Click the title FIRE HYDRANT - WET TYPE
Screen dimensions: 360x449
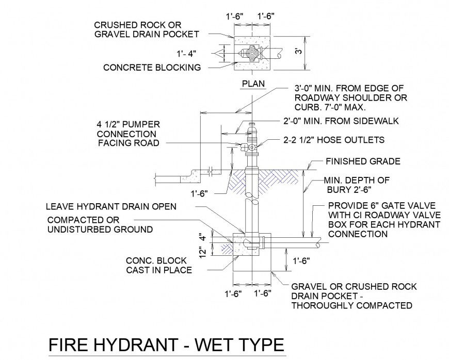(x=166, y=345)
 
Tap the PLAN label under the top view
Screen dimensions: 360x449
(x=252, y=83)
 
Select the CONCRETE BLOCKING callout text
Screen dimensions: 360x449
(x=152, y=68)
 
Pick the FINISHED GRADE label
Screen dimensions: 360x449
(x=362, y=161)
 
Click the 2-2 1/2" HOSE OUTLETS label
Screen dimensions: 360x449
(x=334, y=140)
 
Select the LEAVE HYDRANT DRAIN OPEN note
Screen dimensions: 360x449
(x=111, y=206)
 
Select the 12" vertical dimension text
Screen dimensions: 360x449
(x=204, y=252)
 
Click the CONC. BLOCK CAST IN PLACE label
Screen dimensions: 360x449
(x=159, y=265)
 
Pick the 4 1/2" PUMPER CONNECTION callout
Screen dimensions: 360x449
(x=128, y=134)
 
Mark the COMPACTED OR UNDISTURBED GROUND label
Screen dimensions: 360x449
(x=100, y=224)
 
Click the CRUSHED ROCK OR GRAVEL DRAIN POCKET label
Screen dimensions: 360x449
(x=146, y=29)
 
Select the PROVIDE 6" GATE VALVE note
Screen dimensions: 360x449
(x=384, y=220)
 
